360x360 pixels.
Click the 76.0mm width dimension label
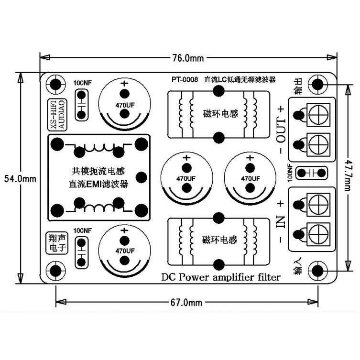tap(188, 58)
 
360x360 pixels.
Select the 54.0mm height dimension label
tap(20, 179)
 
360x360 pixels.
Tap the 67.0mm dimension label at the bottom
tap(186, 302)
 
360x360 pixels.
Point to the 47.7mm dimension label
tap(349, 175)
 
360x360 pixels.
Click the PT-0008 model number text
tap(185, 80)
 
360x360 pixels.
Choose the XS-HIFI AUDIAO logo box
tap(57, 115)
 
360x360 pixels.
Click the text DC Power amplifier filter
tap(221, 277)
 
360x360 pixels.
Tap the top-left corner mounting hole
tap(55, 85)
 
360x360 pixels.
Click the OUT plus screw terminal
tap(318, 114)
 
